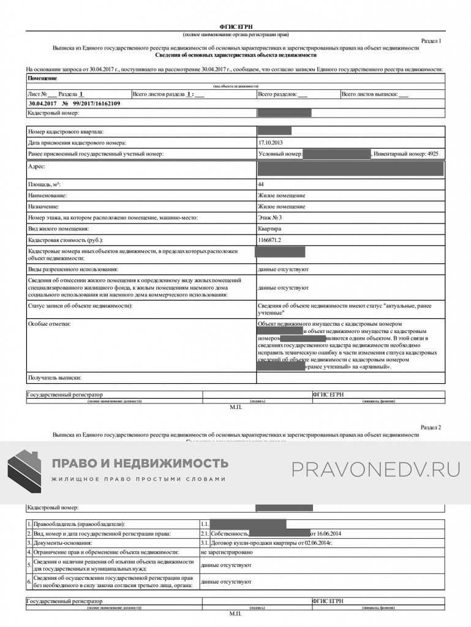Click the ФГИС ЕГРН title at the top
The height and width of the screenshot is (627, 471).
pyautogui.click(x=235, y=28)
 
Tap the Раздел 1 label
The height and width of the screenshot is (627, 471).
pyautogui.click(x=431, y=40)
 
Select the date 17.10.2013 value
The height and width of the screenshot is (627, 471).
pyautogui.click(x=269, y=142)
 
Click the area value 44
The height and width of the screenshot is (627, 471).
pyautogui.click(x=262, y=184)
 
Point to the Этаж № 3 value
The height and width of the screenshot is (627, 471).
pyautogui.click(x=270, y=217)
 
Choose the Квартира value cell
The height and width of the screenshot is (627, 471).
pyautogui.click(x=270, y=228)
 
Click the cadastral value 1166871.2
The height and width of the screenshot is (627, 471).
pyautogui.click(x=270, y=239)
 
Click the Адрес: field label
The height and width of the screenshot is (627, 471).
pyautogui.click(x=36, y=166)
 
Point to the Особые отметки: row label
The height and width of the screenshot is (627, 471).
pyautogui.click(x=50, y=323)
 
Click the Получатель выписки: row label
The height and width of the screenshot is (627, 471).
pyautogui.click(x=55, y=378)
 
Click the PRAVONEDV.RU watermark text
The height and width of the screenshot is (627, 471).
pyautogui.click(x=375, y=470)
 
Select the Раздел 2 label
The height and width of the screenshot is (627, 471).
pyautogui.click(x=431, y=427)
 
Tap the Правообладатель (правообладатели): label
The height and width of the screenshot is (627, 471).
pyautogui.click(x=80, y=524)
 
